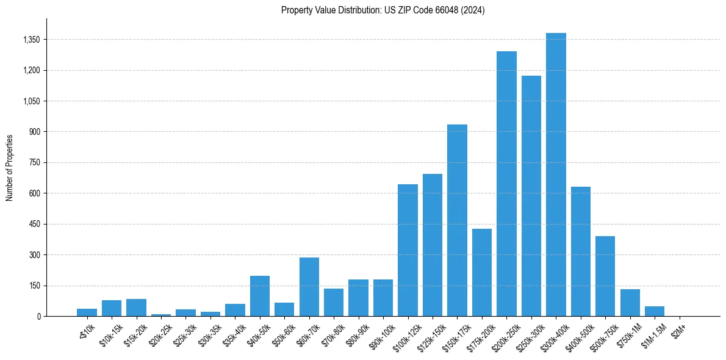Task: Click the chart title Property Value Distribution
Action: [383, 10]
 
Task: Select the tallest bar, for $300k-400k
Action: [556, 175]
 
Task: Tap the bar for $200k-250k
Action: [506, 184]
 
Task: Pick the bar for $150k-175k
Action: [457, 220]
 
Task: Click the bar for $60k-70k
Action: [309, 287]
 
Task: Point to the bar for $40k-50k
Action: [260, 296]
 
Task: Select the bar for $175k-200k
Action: [482, 272]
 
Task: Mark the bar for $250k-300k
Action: [531, 196]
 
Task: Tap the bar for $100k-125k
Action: [408, 250]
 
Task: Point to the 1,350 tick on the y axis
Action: [31, 40]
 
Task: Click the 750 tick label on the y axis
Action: [34, 163]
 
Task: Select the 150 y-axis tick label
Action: [34, 286]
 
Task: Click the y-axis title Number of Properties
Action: [10, 167]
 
